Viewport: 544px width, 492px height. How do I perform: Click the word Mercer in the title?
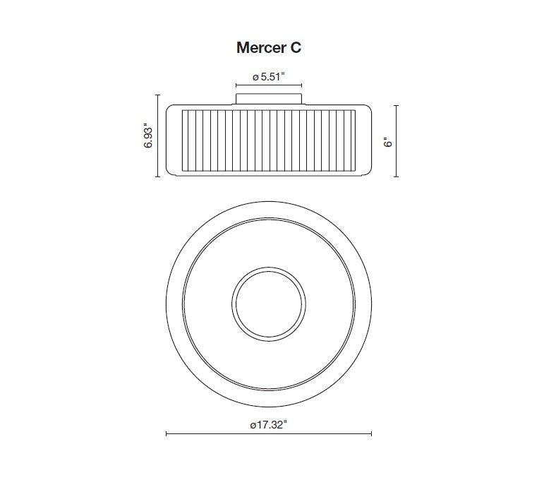(x=258, y=47)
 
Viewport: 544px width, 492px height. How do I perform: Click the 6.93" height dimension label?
(x=147, y=135)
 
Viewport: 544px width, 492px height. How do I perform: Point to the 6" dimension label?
(x=387, y=141)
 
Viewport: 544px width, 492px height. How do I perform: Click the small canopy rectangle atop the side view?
(x=268, y=98)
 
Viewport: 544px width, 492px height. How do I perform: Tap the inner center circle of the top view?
(x=268, y=303)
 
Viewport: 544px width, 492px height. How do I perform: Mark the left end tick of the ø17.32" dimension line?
(x=166, y=434)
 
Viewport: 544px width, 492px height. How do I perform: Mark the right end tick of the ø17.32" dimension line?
(x=371, y=434)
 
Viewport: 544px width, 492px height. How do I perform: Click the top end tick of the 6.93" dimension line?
(x=157, y=94)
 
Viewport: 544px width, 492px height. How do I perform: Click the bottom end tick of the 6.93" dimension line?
(x=157, y=176)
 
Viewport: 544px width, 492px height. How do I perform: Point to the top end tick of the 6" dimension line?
(x=397, y=105)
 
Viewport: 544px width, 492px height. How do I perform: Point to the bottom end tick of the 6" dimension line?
(x=397, y=176)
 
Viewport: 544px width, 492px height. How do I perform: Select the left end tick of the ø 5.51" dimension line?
(x=236, y=87)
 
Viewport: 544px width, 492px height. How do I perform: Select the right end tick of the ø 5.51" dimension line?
(x=302, y=87)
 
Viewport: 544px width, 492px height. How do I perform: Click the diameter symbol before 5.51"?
(x=255, y=78)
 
